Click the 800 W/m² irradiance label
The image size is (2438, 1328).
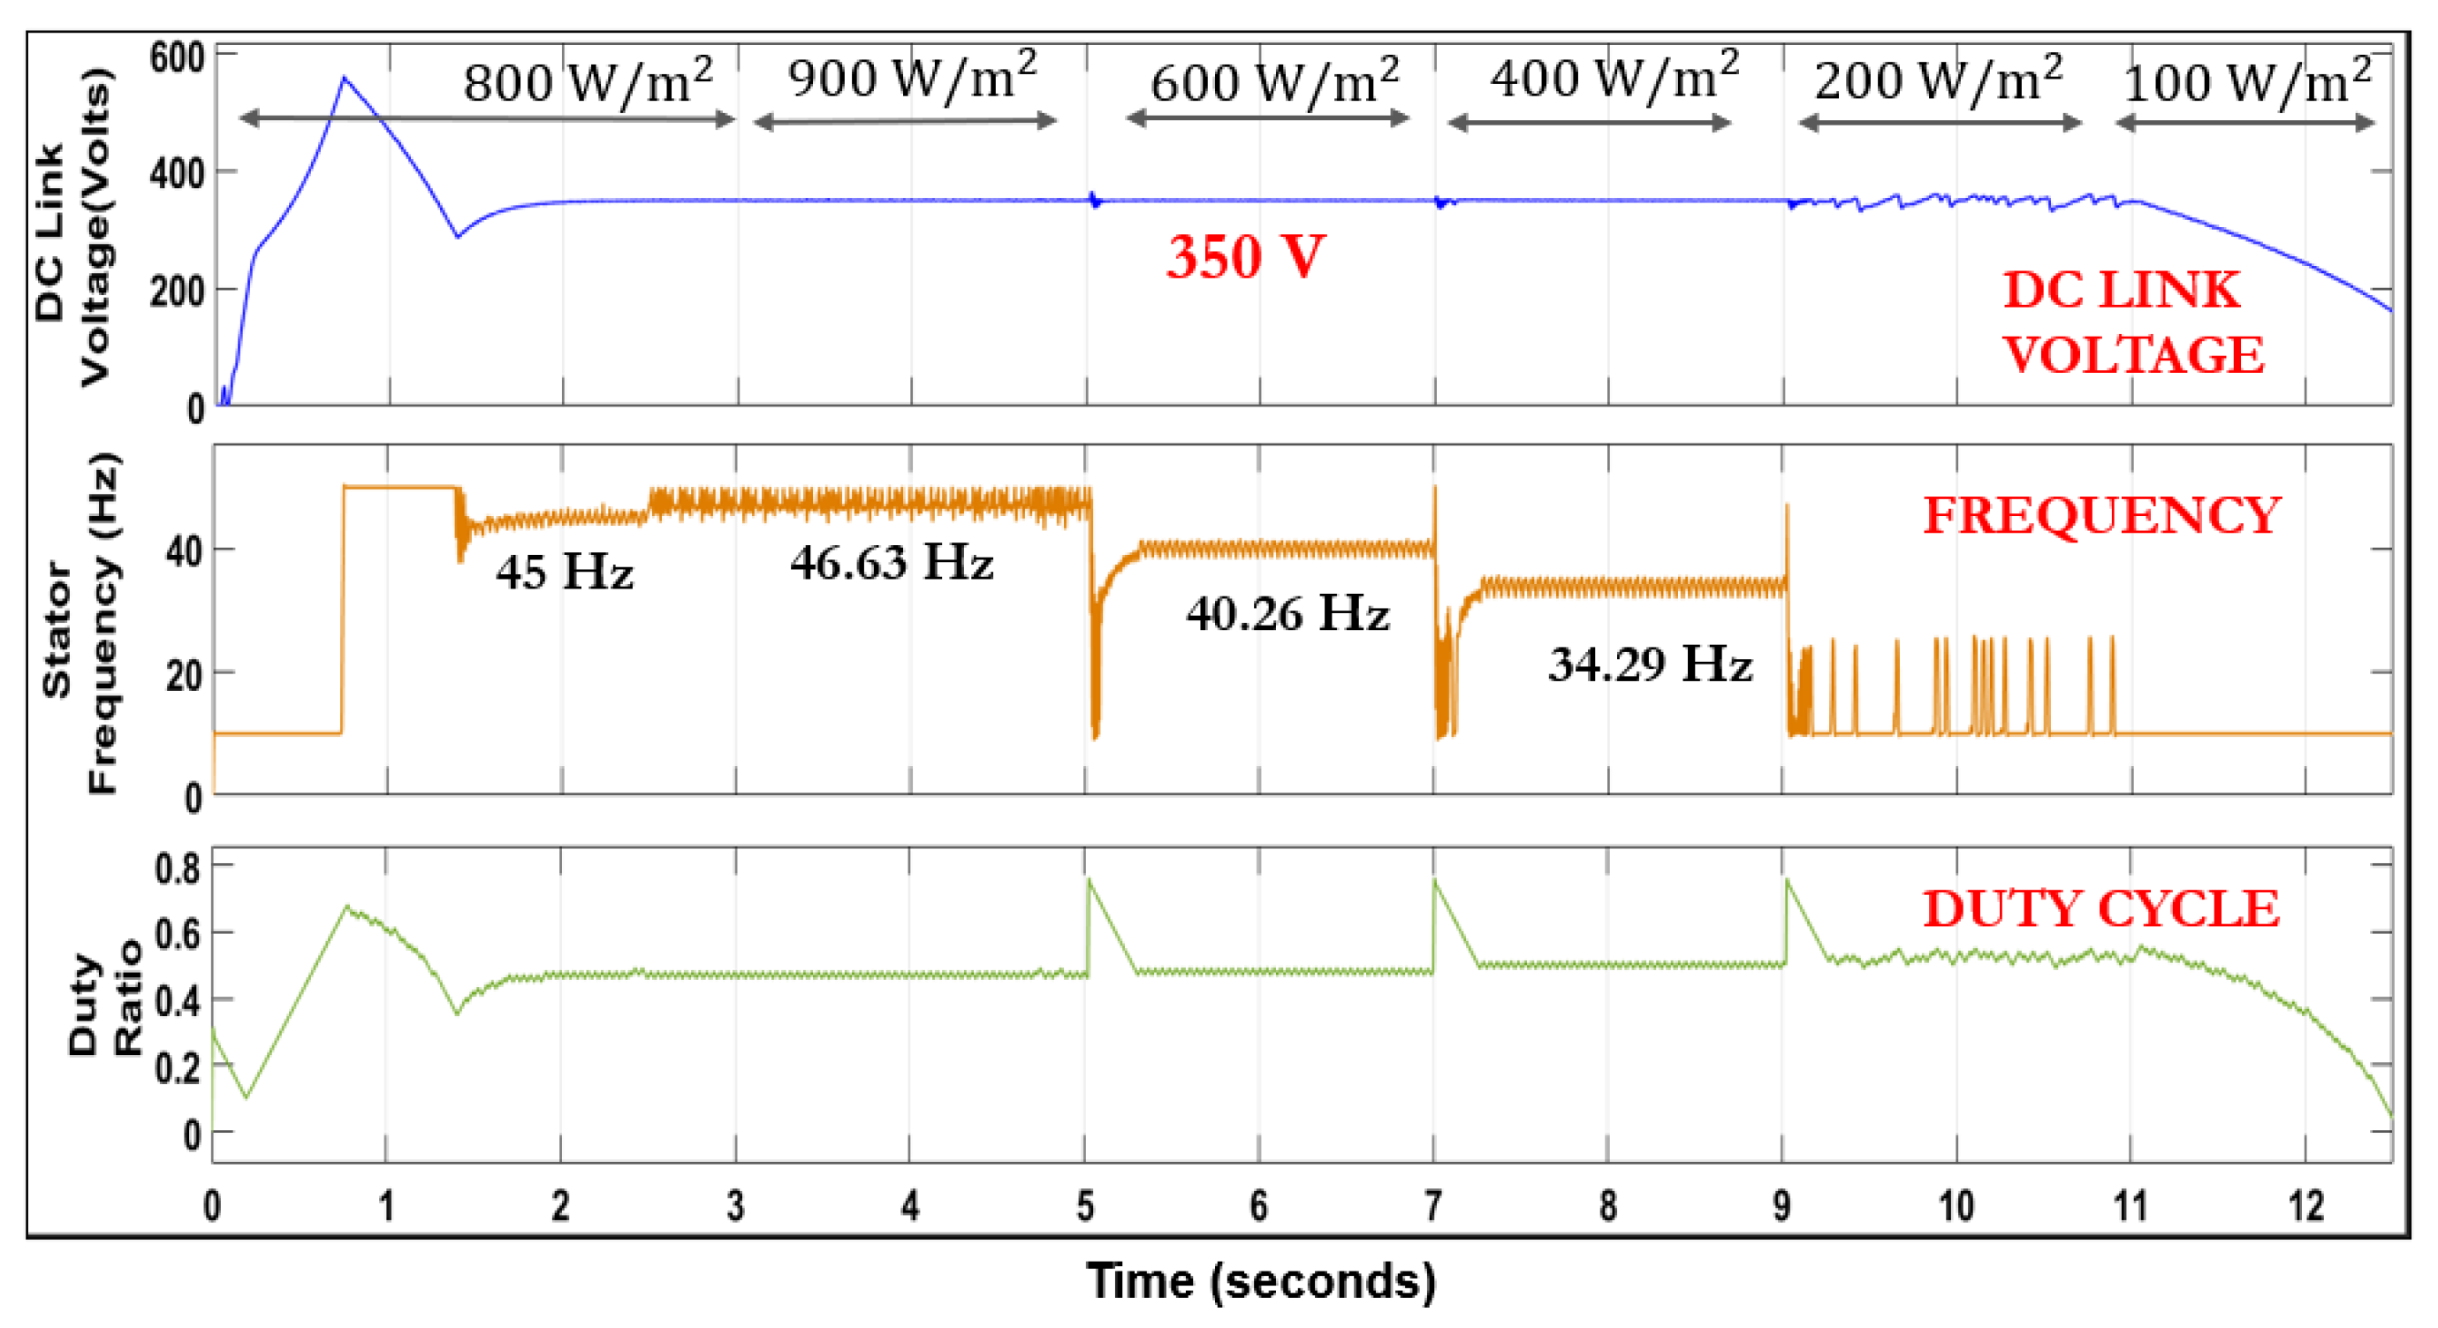click(x=587, y=80)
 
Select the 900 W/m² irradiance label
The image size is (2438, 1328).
click(x=912, y=76)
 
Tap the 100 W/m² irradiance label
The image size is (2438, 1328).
click(x=2247, y=81)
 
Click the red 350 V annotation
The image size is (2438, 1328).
click(x=1244, y=256)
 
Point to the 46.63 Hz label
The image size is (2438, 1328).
click(x=892, y=562)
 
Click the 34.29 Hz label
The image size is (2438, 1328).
click(x=1650, y=664)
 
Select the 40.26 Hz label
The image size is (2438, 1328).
click(x=1287, y=613)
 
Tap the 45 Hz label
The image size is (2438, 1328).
click(x=564, y=572)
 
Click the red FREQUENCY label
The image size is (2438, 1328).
click(x=2101, y=516)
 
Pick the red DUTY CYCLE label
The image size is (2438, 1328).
click(x=2101, y=908)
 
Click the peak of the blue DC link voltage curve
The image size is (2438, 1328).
click(x=345, y=79)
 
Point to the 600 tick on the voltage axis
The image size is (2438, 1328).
click(x=177, y=57)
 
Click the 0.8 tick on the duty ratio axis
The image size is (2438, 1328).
click(x=177, y=868)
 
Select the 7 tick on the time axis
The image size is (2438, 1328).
click(x=1433, y=1206)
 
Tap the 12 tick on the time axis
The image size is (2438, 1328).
click(x=2305, y=1206)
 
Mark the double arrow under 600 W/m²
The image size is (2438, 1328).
click(x=1267, y=118)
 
